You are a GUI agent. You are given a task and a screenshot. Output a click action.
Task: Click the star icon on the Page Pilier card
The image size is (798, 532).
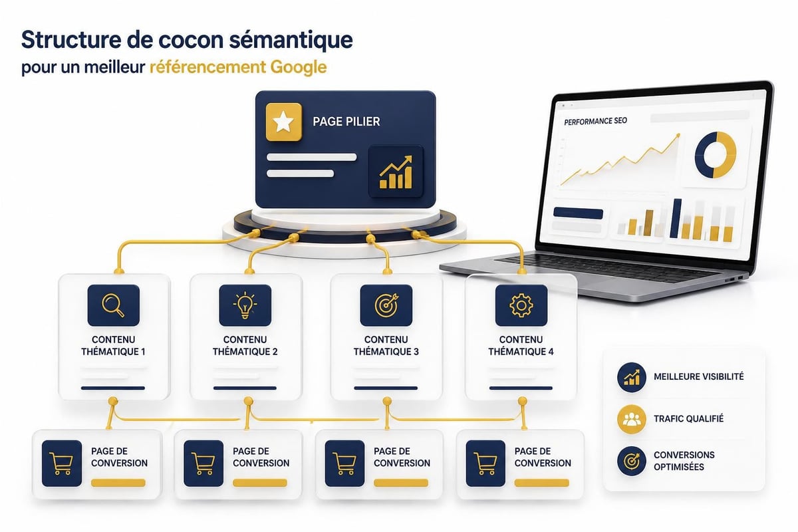tap(283, 122)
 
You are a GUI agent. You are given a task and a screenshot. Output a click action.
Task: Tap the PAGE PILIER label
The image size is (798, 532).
tap(346, 122)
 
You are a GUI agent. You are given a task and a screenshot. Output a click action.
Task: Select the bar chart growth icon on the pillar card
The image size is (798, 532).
tap(396, 172)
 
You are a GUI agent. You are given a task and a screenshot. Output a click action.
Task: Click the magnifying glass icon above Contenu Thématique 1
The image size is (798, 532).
tap(113, 305)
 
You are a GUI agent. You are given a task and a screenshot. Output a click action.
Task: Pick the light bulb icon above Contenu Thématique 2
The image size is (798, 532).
tap(245, 305)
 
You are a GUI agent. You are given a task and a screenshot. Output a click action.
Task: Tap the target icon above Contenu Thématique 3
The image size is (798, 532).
tap(386, 305)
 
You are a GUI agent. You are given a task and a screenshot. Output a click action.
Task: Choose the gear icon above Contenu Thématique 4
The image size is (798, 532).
tap(521, 305)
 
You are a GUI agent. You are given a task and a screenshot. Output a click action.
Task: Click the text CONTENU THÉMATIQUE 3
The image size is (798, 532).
tap(386, 345)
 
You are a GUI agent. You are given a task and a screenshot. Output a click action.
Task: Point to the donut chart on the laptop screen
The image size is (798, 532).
tap(716, 155)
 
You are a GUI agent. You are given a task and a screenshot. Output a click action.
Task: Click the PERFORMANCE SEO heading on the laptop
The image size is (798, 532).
tap(595, 121)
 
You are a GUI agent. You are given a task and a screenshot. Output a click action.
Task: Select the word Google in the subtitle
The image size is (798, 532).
tap(299, 67)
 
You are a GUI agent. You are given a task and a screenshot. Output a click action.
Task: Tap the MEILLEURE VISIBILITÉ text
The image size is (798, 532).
tap(699, 376)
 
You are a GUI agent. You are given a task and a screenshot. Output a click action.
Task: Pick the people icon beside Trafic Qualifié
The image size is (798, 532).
tap(631, 419)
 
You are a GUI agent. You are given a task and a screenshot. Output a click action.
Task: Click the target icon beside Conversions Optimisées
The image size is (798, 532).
tap(631, 461)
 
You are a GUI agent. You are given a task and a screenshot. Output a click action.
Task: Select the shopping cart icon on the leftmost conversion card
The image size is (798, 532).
tap(62, 464)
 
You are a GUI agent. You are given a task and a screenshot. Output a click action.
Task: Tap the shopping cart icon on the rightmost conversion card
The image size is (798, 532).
tap(485, 464)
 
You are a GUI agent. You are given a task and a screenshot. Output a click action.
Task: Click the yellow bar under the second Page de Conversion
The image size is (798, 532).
tap(260, 483)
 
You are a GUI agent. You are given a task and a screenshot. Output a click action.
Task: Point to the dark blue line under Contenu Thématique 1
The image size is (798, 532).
tap(113, 388)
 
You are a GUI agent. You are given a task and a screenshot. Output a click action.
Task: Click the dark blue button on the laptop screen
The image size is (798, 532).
tap(578, 213)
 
